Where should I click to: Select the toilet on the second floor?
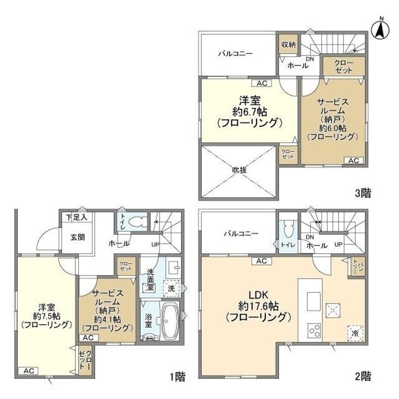click(x=288, y=229)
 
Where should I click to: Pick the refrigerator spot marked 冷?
click(x=354, y=334)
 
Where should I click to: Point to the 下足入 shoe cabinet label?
click(x=76, y=217)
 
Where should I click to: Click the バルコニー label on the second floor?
click(x=241, y=233)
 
